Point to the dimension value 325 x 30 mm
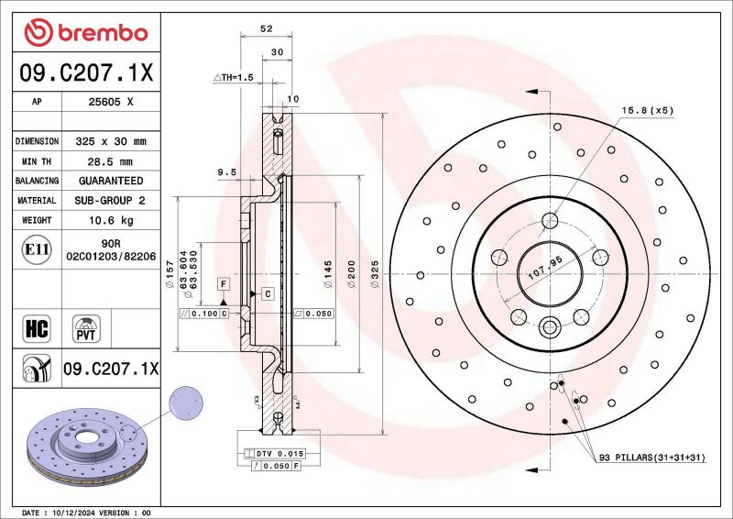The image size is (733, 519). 111,141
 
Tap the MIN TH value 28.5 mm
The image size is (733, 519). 111,161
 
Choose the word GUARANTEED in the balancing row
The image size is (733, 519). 111,181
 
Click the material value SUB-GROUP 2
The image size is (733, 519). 111,200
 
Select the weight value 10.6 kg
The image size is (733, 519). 111,220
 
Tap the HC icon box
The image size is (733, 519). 33,326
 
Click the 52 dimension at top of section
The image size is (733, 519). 267,29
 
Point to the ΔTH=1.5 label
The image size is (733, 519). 233,78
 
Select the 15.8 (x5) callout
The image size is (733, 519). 648,110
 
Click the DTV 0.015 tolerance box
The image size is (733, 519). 275,454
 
